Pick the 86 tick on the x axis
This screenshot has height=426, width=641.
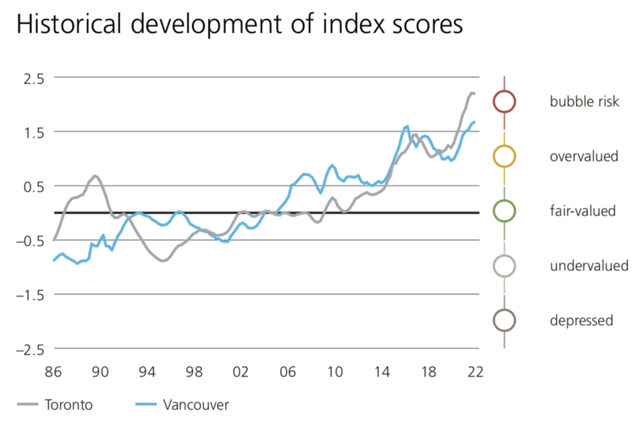click(x=54, y=372)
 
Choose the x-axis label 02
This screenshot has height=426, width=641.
click(x=241, y=372)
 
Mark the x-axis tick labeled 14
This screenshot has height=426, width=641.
click(x=382, y=372)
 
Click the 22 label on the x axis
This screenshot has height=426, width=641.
click(x=476, y=372)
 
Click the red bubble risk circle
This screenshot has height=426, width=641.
click(x=504, y=101)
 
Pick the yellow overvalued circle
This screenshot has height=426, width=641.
click(x=504, y=156)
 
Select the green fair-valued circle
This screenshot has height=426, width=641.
click(x=504, y=211)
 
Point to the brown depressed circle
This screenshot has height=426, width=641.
click(x=504, y=320)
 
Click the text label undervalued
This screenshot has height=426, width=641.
click(x=589, y=266)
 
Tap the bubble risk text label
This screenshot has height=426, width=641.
click(x=584, y=101)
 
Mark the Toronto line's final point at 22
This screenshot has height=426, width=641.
click(x=474, y=94)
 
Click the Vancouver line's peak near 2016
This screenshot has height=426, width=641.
click(x=407, y=126)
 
